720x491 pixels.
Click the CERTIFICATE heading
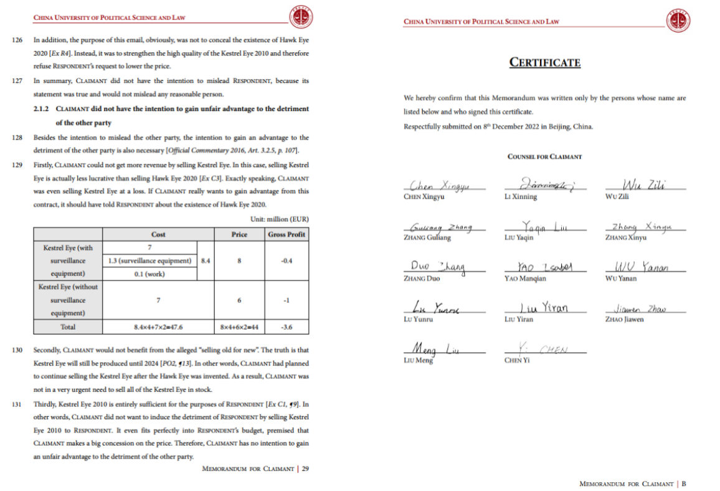click(x=545, y=62)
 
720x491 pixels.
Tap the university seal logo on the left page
click(x=301, y=18)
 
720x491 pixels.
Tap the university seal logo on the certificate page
click(x=678, y=21)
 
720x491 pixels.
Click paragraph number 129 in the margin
click(x=17, y=164)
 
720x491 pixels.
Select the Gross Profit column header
click(x=287, y=234)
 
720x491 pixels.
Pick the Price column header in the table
click(x=239, y=234)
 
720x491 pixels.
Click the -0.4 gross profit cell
click(x=287, y=260)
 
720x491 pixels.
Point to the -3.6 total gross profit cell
click(x=287, y=327)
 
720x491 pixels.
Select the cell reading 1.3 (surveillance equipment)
click(x=149, y=260)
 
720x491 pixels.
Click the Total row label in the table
click(x=68, y=327)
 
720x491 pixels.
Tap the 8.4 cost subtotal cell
click(x=205, y=260)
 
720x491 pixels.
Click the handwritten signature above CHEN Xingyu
click(x=438, y=186)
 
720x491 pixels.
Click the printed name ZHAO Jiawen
click(x=624, y=320)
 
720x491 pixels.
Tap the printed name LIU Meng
click(x=418, y=361)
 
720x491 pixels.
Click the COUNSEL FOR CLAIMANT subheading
click(x=544, y=157)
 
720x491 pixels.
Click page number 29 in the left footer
click(x=305, y=469)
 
